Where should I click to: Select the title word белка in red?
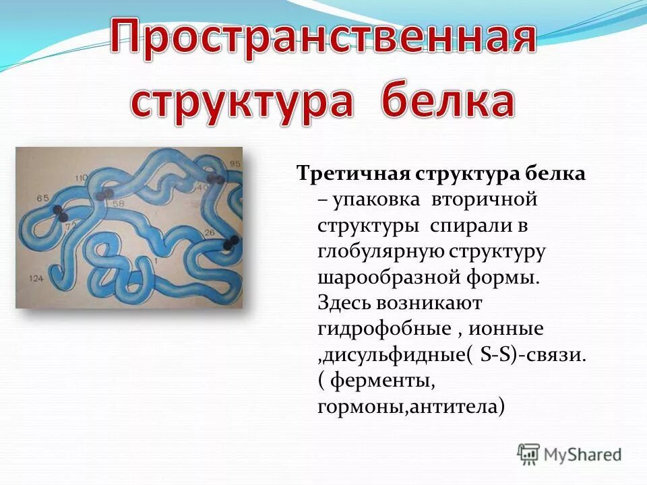click(x=448, y=102)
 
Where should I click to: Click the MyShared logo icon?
click(x=529, y=453)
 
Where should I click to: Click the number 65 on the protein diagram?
click(x=43, y=197)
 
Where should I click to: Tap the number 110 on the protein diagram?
click(x=82, y=178)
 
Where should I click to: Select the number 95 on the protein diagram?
click(x=234, y=164)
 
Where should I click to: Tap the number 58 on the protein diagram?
click(x=119, y=202)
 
